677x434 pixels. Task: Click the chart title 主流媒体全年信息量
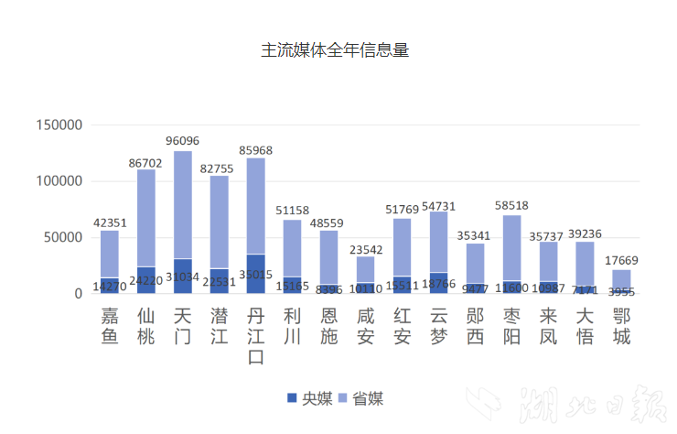pos(334,50)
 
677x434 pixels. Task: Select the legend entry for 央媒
pos(309,398)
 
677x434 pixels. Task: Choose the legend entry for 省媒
pos(360,398)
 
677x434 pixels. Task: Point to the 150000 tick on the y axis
pos(59,125)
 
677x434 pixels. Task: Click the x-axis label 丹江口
pos(256,335)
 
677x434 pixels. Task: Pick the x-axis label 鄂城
pos(622,326)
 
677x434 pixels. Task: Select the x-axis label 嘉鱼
pos(110,326)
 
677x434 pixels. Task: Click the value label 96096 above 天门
pos(183,141)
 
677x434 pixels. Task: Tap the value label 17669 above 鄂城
pos(622,261)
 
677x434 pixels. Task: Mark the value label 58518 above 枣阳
pos(512,206)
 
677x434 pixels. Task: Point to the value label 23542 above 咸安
pos(366,247)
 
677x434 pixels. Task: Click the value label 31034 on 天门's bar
pos(183,277)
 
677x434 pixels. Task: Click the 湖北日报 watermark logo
pos(567,404)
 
